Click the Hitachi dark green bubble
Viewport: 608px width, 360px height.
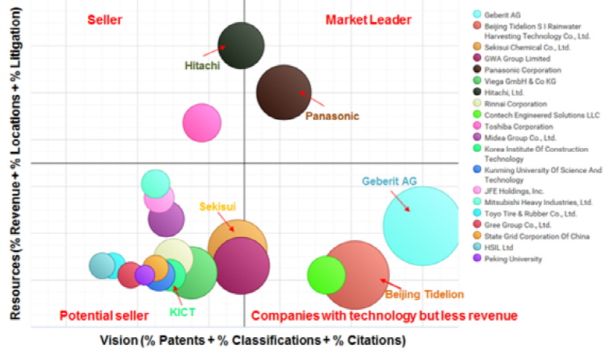tap(241, 45)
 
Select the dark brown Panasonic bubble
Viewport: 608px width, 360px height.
tap(283, 93)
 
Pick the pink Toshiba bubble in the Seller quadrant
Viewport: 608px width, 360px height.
tap(201, 122)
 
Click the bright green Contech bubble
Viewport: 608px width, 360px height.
tap(327, 275)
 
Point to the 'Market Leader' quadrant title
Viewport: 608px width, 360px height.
tap(369, 18)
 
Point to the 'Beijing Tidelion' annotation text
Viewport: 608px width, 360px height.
tap(424, 295)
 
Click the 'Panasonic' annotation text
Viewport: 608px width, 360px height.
tap(331, 116)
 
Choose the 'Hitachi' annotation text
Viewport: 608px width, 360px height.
tap(202, 66)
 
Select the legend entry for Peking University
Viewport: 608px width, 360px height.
tap(516, 259)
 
